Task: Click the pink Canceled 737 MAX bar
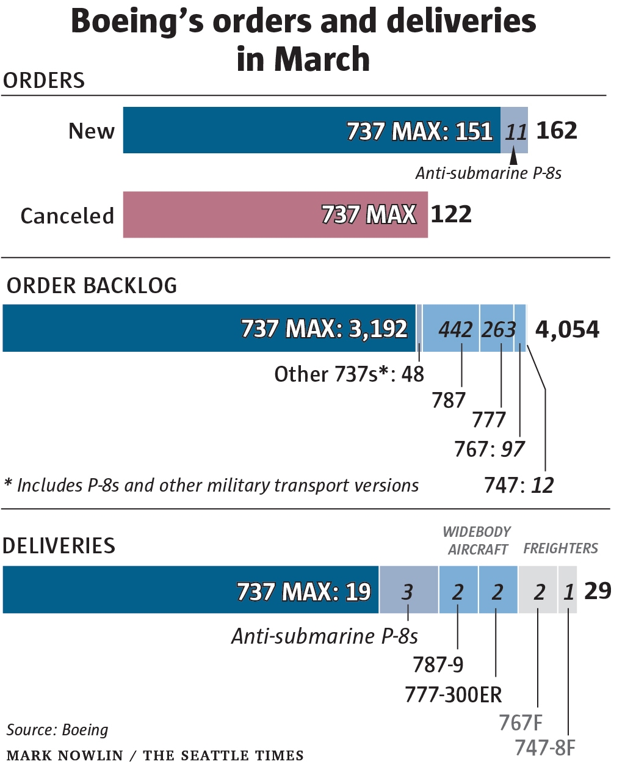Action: tap(275, 214)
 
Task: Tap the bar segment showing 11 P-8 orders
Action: tap(515, 131)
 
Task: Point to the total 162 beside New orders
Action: tap(557, 131)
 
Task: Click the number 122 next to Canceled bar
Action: tap(451, 214)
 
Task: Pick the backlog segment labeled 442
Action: tap(452, 329)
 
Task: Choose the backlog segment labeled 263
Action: tap(497, 329)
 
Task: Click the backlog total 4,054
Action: tap(567, 329)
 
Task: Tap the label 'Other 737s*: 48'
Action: tap(349, 374)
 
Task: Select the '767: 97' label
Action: tap(489, 449)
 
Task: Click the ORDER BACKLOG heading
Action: tap(92, 286)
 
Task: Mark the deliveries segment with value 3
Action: tap(408, 590)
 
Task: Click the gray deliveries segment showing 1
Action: tap(568, 590)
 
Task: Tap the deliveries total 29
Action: tap(598, 591)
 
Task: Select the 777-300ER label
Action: tap(454, 694)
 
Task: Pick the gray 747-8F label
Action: tap(544, 748)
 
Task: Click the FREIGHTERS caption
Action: tap(560, 548)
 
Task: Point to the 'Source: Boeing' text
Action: tap(57, 730)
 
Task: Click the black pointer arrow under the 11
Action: tap(514, 158)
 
